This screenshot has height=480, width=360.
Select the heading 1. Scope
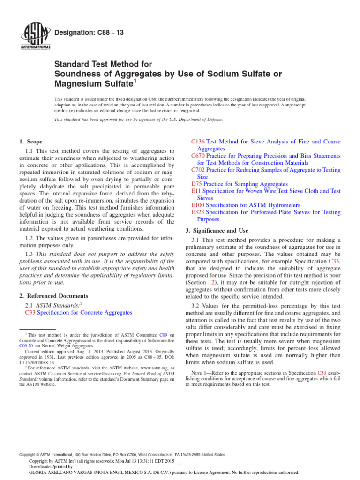31,142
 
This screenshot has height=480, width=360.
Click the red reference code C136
199,142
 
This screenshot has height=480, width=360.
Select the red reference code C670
199,156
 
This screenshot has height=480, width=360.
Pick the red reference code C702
199,170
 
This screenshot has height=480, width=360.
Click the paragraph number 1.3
29,254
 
